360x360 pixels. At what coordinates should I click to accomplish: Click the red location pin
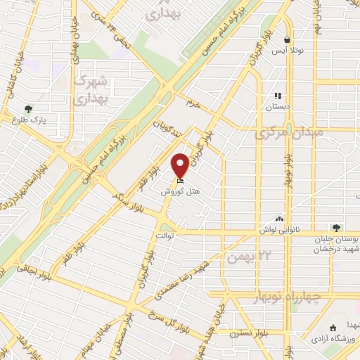tap(181, 165)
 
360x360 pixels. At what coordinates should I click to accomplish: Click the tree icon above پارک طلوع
tap(27, 109)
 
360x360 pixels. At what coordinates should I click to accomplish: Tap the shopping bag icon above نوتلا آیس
tap(287, 40)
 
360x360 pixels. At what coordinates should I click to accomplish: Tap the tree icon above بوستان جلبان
tap(336, 227)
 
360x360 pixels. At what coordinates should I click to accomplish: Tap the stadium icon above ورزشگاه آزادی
tap(333, 326)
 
